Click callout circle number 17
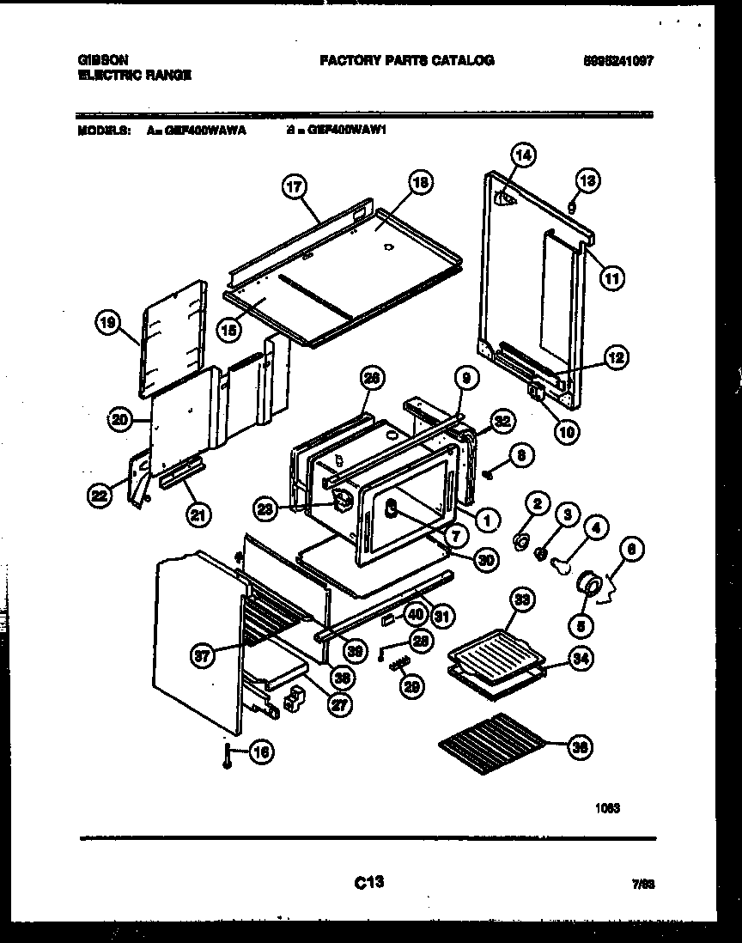click(294, 187)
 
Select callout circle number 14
click(523, 155)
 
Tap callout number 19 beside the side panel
click(106, 324)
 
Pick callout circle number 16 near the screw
click(261, 752)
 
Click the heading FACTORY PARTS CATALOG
click(406, 60)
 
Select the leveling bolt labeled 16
click(227, 756)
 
